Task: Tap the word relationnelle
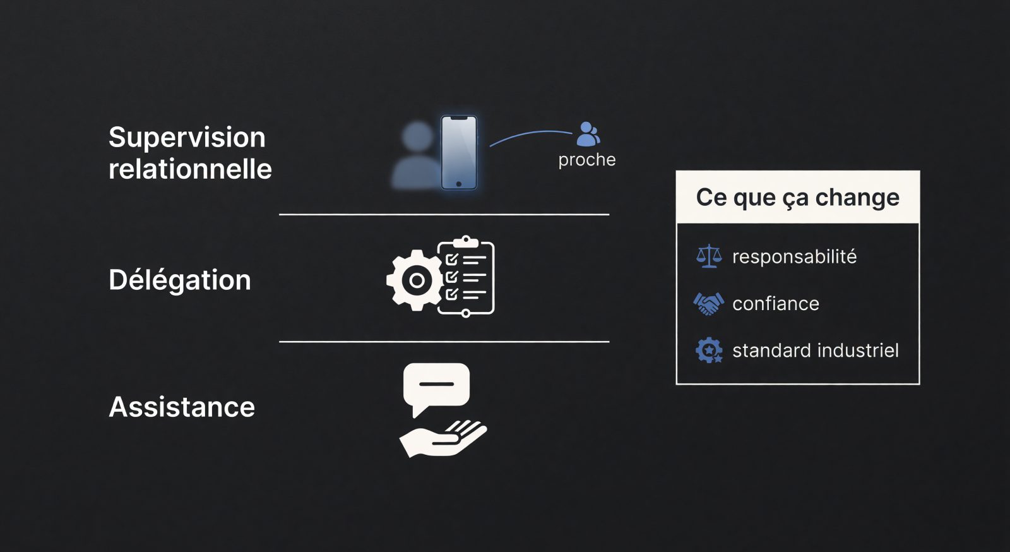(x=190, y=169)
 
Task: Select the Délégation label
(x=179, y=280)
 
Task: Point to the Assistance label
(x=182, y=407)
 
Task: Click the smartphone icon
(x=458, y=152)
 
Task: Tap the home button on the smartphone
(x=458, y=184)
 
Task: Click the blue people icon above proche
(x=588, y=135)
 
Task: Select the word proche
(x=586, y=160)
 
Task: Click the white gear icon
(x=415, y=280)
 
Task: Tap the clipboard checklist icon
(x=466, y=276)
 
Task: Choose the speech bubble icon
(x=436, y=387)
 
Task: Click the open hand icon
(x=443, y=438)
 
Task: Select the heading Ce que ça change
(x=798, y=198)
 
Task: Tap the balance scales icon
(x=709, y=256)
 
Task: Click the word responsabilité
(x=795, y=256)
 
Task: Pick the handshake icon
(x=708, y=304)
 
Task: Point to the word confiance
(x=776, y=304)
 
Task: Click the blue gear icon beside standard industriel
(x=709, y=351)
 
